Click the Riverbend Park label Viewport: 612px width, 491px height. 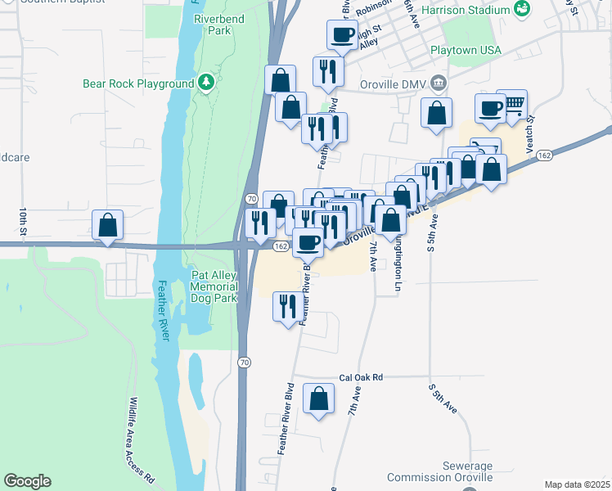pyautogui.click(x=214, y=24)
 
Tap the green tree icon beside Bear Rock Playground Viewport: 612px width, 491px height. pyautogui.click(x=208, y=83)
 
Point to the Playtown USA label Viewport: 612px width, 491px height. pyautogui.click(x=466, y=51)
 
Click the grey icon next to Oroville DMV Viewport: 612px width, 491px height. pyautogui.click(x=439, y=83)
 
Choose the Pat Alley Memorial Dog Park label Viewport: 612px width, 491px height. pyautogui.click(x=214, y=286)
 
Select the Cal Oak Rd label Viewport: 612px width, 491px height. pyautogui.click(x=361, y=378)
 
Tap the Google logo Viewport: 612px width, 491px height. pyautogui.click(x=27, y=481)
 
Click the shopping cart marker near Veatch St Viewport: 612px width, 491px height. pyautogui.click(x=513, y=104)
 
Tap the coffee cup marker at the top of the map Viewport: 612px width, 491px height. pyautogui.click(x=342, y=35)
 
